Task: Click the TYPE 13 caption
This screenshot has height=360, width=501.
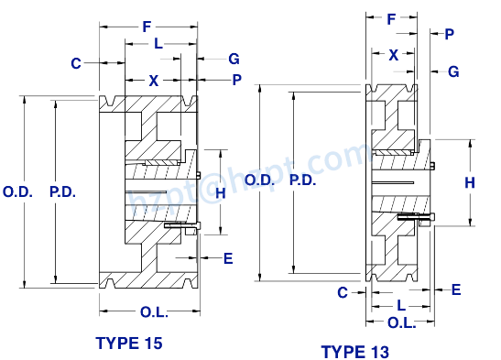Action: pyautogui.click(x=356, y=351)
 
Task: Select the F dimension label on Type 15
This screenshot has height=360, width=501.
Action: pyautogui.click(x=147, y=27)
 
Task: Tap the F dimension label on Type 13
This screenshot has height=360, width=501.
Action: pyautogui.click(x=391, y=18)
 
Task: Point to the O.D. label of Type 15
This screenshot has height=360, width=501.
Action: pyautogui.click(x=17, y=192)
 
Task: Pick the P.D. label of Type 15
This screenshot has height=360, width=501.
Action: pyautogui.click(x=61, y=192)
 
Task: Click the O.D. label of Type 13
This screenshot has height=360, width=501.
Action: pyautogui.click(x=260, y=181)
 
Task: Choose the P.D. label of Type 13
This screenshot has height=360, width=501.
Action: pyautogui.click(x=303, y=181)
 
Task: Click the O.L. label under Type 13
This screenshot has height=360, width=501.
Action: pyautogui.click(x=401, y=323)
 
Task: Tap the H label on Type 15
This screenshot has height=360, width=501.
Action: pyautogui.click(x=220, y=192)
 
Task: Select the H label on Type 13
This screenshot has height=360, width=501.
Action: pyautogui.click(x=470, y=183)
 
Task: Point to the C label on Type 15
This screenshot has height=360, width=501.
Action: pyautogui.click(x=76, y=63)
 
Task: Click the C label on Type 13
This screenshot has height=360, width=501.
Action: pyautogui.click(x=342, y=293)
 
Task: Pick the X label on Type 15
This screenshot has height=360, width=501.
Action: pyautogui.click(x=154, y=82)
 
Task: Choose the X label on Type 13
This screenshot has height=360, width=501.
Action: pyautogui.click(x=393, y=55)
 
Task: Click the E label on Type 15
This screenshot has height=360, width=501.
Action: pyautogui.click(x=228, y=258)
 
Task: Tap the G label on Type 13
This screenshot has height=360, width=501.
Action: pyautogui.click(x=453, y=71)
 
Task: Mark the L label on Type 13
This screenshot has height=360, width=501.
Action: pyautogui.click(x=401, y=303)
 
